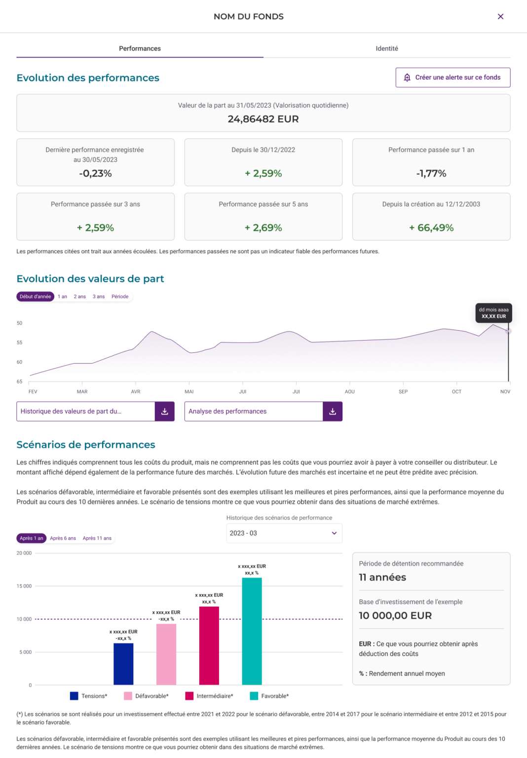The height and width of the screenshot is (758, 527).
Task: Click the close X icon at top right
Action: pos(500,16)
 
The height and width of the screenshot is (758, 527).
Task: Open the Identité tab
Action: pos(386,48)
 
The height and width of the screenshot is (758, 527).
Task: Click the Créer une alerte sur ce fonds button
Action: pos(452,77)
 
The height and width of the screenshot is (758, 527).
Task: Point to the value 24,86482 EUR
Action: pos(263,119)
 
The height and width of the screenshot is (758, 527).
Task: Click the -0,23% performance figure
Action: pos(95,173)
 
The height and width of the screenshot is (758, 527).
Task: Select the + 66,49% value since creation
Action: pos(431,227)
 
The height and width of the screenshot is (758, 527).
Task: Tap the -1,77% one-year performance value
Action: pos(431,173)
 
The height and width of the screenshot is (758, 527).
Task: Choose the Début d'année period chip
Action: pos(35,297)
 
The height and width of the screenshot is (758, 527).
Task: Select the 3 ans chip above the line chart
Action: pos(99,297)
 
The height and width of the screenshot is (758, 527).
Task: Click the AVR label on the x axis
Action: pos(136,391)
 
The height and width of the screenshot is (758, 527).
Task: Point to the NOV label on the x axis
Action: pos(505,391)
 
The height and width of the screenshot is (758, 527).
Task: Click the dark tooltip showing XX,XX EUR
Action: pos(493,313)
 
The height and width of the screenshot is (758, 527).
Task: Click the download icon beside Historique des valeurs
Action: pos(165,411)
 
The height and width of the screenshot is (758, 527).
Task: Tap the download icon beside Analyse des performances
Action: pos(333,411)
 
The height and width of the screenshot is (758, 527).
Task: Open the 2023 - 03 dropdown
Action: pos(284,533)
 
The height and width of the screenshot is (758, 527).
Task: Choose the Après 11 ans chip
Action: pos(97,538)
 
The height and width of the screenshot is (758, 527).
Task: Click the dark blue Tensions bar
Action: pos(123,664)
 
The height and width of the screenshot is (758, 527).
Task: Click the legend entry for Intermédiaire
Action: pos(209,696)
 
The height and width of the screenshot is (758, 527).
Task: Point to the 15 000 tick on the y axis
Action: pos(24,586)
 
